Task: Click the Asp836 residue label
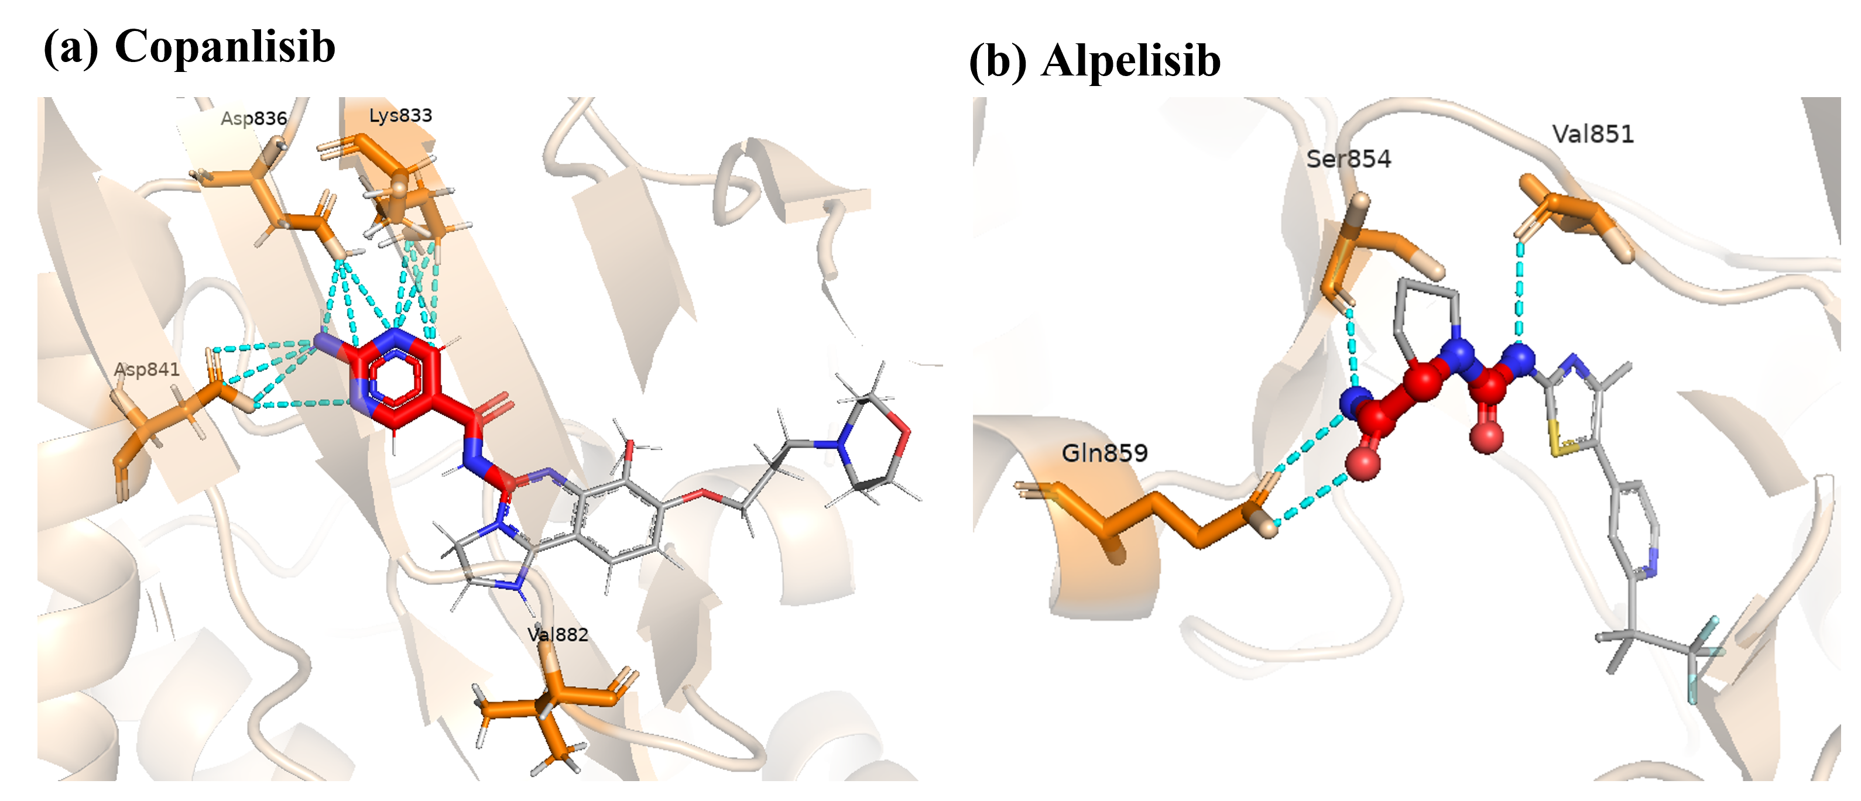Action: coord(253,118)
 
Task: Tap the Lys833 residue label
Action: coord(400,116)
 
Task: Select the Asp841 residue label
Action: coord(147,369)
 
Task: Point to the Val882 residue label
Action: coord(558,634)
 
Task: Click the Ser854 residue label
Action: coord(1348,159)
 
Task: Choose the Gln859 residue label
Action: coord(1105,453)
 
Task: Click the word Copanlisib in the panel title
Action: coord(225,46)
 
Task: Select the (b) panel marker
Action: coord(997,61)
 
